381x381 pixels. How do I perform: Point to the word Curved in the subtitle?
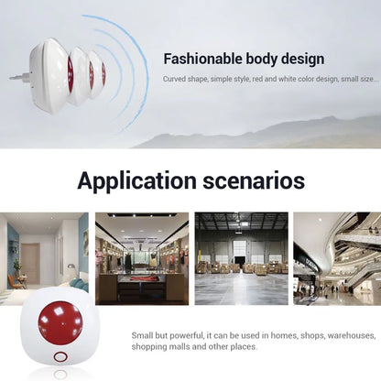[x=176, y=80]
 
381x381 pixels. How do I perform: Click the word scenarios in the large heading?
[x=250, y=180]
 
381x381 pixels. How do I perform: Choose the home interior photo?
[x=44, y=258]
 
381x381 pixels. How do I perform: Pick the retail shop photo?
[x=142, y=258]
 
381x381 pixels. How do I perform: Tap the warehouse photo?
[x=241, y=258]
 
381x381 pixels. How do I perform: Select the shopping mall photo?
[x=337, y=258]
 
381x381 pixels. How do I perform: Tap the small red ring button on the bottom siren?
[x=60, y=357]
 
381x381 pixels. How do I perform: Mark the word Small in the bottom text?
[x=143, y=335]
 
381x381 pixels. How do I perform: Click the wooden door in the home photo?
[x=31, y=263]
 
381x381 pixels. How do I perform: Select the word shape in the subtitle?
[x=203, y=80]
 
